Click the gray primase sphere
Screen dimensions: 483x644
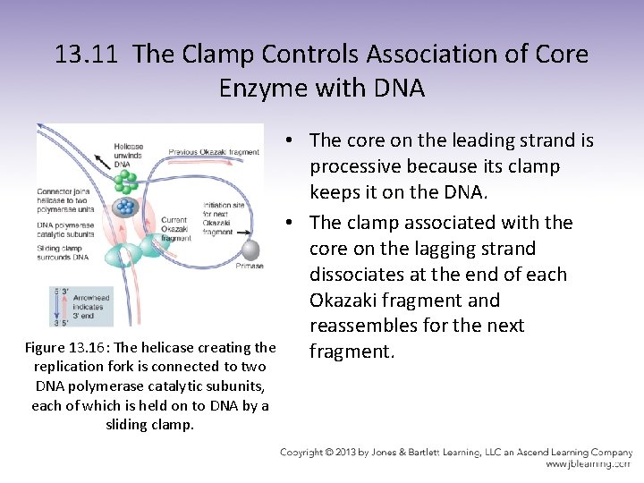coord(250,249)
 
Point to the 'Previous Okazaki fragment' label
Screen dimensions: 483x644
coord(214,152)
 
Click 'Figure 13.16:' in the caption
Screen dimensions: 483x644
coord(64,347)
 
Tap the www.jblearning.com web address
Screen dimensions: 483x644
coord(587,463)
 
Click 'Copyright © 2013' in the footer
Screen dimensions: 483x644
coord(324,453)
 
